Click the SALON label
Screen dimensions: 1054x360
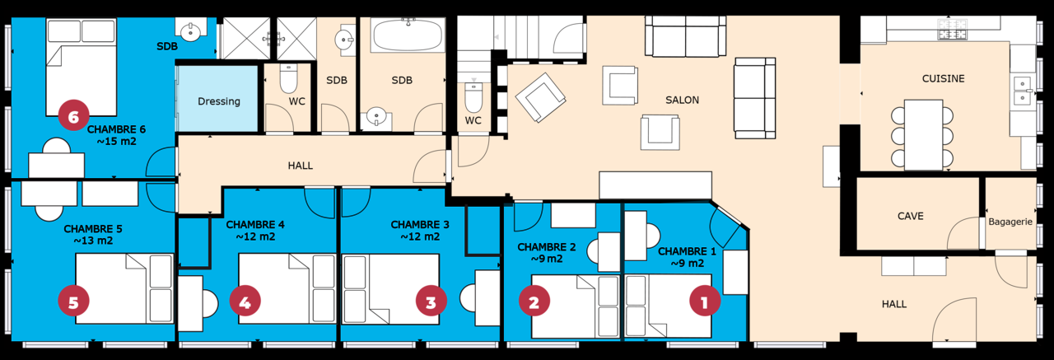[682, 100]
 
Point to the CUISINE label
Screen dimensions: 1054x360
[943, 78]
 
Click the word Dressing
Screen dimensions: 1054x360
[219, 101]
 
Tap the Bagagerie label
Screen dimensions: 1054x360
[1010, 221]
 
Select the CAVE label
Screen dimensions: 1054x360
[911, 216]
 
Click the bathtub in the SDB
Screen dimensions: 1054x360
[408, 35]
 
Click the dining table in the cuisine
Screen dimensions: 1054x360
[923, 135]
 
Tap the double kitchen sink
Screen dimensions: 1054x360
[1023, 91]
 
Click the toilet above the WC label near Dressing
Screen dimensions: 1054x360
[288, 78]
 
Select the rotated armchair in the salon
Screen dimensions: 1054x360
[541, 97]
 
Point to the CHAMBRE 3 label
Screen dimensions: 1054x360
[420, 224]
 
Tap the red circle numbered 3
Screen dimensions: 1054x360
[431, 302]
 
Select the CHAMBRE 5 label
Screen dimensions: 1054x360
[93, 229]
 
